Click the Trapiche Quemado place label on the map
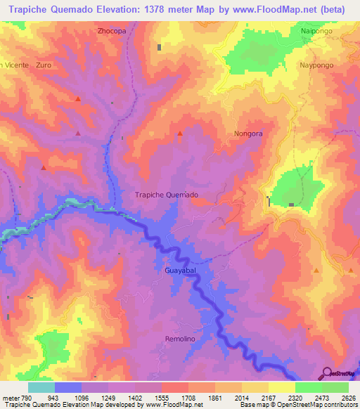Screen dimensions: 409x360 [x=166, y=195]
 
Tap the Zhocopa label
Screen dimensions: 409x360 [x=112, y=32]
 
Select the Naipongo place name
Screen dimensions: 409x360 [x=316, y=32]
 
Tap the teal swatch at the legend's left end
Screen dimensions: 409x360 [x=41, y=387]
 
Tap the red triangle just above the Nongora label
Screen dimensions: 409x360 [x=180, y=133]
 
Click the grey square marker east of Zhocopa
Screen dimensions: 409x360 [x=160, y=47]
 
